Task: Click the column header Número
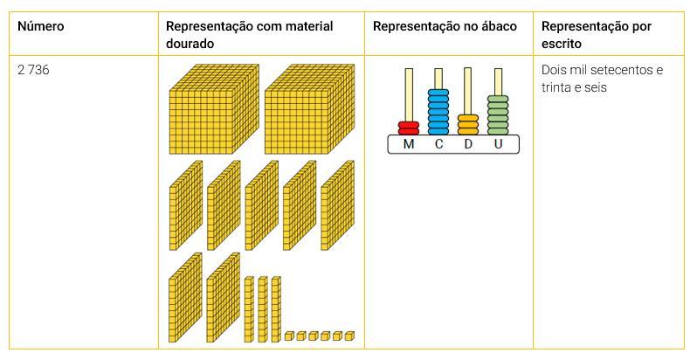click(x=41, y=26)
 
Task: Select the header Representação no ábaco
click(x=444, y=26)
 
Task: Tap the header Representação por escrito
click(x=596, y=33)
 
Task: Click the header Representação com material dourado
click(x=249, y=33)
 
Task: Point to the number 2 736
click(x=34, y=70)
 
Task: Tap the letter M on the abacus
click(x=408, y=144)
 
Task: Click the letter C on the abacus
click(x=438, y=144)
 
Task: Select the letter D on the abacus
click(x=468, y=144)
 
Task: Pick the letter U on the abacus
click(x=498, y=144)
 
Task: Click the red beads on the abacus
click(x=408, y=128)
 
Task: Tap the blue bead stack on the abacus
click(x=438, y=112)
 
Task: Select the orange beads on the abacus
click(x=468, y=124)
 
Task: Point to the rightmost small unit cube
click(x=349, y=336)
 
